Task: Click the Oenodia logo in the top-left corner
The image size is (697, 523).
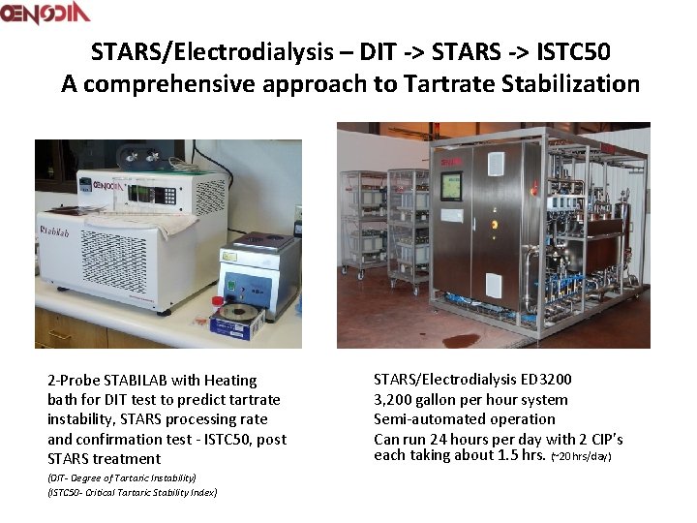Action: click(x=45, y=13)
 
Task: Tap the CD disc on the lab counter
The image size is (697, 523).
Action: click(x=238, y=317)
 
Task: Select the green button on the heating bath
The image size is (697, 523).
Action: click(x=230, y=287)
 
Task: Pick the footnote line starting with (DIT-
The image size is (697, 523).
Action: click(x=122, y=477)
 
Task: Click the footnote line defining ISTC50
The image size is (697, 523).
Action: click(x=133, y=493)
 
